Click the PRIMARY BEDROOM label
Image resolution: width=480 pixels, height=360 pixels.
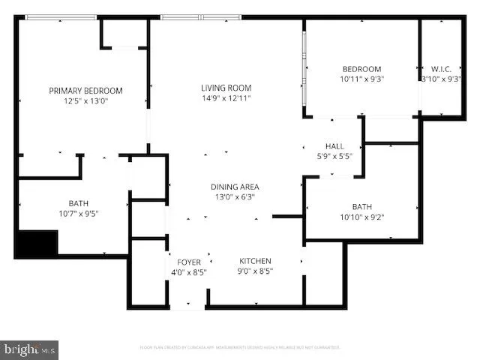click(x=85, y=91)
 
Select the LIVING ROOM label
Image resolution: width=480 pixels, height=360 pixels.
click(x=226, y=88)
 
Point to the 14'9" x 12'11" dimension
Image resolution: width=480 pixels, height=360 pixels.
click(x=226, y=97)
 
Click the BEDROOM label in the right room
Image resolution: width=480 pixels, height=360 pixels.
click(x=362, y=69)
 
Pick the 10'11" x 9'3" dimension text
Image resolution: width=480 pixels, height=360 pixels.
click(x=362, y=79)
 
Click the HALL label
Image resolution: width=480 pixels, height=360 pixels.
click(x=334, y=145)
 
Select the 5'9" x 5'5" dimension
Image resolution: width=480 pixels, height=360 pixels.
click(x=334, y=155)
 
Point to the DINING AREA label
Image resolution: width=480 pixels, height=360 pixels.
click(x=234, y=187)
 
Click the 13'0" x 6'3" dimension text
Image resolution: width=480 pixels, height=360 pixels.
click(x=234, y=196)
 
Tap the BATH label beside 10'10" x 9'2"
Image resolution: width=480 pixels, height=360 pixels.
click(x=362, y=207)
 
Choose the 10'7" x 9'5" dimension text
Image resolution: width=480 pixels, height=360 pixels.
click(x=78, y=213)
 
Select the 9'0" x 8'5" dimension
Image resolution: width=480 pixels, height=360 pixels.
click(x=254, y=271)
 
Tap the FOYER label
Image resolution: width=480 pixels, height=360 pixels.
click(x=189, y=262)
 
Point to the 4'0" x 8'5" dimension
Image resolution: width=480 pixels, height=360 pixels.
click(x=189, y=272)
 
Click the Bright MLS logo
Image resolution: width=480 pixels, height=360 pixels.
click(x=30, y=349)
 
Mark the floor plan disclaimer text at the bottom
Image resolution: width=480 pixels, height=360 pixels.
click(x=240, y=347)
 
